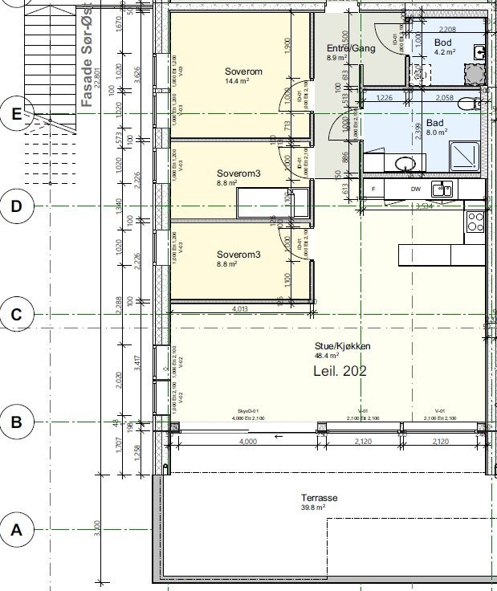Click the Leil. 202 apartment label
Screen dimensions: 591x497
point(338,371)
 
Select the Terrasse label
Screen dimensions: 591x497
point(319,498)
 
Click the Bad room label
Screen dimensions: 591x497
point(435,124)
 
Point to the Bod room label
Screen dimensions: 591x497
point(442,43)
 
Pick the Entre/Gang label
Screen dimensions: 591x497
point(341,49)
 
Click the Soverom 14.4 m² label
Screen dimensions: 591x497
point(243,72)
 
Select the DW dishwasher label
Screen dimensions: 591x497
point(415,190)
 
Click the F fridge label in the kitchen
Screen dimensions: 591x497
point(373,190)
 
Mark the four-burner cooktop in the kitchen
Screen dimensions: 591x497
point(475,222)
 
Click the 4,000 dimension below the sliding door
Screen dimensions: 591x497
point(248,442)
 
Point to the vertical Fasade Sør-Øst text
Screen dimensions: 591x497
point(87,56)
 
